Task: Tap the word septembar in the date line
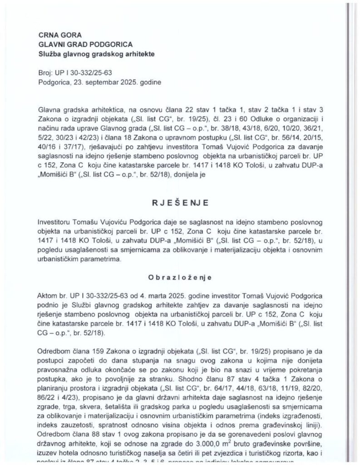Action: (x=104, y=83)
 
